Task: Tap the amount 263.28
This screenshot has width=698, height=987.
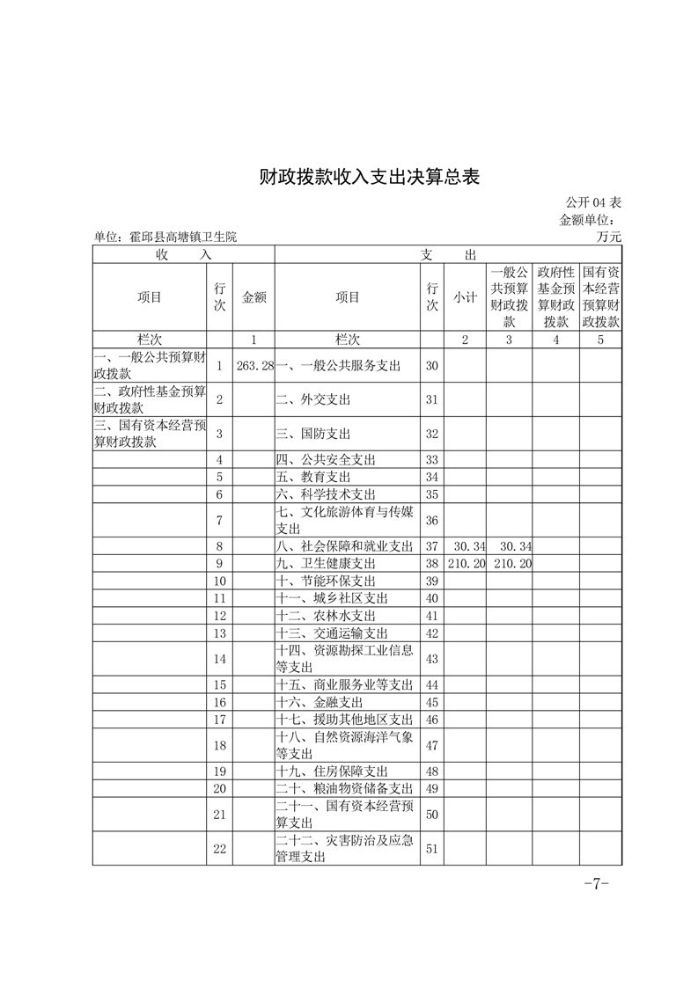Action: (x=256, y=365)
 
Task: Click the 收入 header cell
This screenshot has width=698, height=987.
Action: (x=184, y=254)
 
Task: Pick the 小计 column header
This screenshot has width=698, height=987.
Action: (x=465, y=297)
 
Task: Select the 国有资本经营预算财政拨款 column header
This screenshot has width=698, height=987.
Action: (x=601, y=297)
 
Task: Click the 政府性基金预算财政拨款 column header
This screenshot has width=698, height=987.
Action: (x=555, y=297)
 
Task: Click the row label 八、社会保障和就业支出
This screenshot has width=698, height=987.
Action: (x=344, y=546)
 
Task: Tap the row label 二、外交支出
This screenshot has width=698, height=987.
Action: (x=313, y=399)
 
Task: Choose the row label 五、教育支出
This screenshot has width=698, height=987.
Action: (x=313, y=477)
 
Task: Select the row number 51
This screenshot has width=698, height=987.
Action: (x=431, y=849)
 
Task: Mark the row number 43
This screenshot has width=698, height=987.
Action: (x=431, y=659)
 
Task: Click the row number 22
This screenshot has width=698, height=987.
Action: (x=219, y=849)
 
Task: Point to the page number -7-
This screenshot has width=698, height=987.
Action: (x=597, y=883)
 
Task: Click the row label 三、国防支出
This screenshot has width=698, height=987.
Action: (x=313, y=434)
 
